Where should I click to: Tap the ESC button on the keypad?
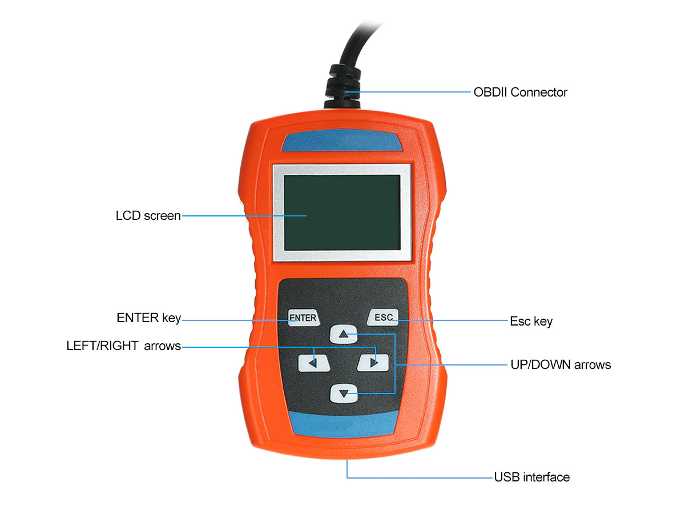tap(382, 318)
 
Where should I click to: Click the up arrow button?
tap(343, 334)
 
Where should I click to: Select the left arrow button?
tap(313, 363)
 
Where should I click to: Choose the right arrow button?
tap(373, 363)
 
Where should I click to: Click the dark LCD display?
tap(342, 212)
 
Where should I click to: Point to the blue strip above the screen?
tap(342, 140)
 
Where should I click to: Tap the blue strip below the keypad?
tap(342, 424)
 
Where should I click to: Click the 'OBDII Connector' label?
tap(520, 93)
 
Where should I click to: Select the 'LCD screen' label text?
tap(148, 216)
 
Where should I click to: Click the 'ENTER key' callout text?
tap(148, 318)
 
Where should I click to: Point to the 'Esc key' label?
tap(531, 322)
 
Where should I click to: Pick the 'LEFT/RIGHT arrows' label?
tap(123, 346)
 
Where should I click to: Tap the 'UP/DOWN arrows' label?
tap(561, 365)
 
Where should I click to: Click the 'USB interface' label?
tap(532, 477)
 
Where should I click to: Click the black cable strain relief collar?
tap(342, 86)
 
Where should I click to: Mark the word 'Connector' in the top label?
tap(539, 93)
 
